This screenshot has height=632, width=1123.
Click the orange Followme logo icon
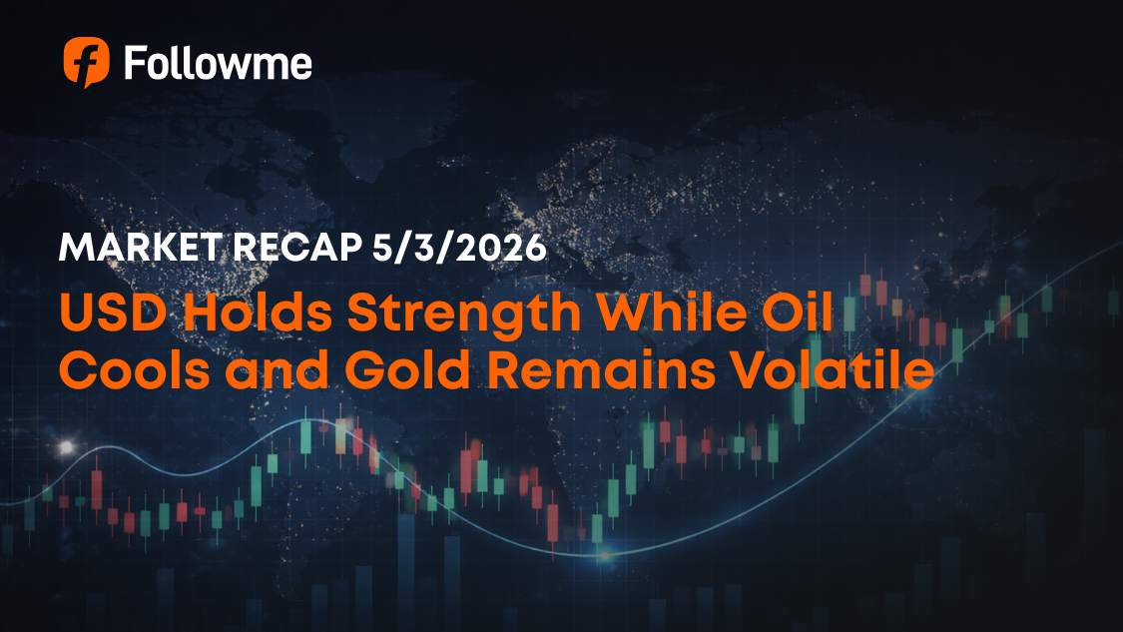click(x=86, y=63)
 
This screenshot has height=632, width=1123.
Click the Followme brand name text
click(x=218, y=64)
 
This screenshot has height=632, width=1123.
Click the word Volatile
click(x=834, y=371)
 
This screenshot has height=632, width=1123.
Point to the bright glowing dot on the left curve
click(x=67, y=446)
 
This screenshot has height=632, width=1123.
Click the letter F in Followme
click(x=135, y=64)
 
